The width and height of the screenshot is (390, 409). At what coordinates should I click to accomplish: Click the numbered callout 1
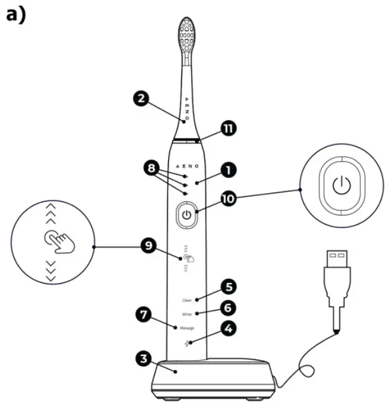(228, 171)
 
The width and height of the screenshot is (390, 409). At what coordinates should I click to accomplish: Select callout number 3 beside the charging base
(142, 358)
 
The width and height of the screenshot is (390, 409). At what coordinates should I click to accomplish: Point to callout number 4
(228, 329)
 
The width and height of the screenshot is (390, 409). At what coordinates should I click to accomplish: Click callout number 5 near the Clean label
(228, 286)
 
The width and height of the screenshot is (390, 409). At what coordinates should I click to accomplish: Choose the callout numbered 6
(228, 308)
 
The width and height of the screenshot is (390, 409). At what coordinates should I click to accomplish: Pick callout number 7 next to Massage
(142, 314)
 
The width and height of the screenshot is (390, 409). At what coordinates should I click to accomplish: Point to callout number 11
(228, 128)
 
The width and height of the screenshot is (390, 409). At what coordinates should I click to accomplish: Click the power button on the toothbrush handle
(187, 215)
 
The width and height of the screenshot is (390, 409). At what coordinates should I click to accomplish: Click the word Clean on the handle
(187, 300)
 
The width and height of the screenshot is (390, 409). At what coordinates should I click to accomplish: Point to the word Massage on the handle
(186, 328)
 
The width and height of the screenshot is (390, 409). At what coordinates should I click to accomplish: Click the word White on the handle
(187, 314)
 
